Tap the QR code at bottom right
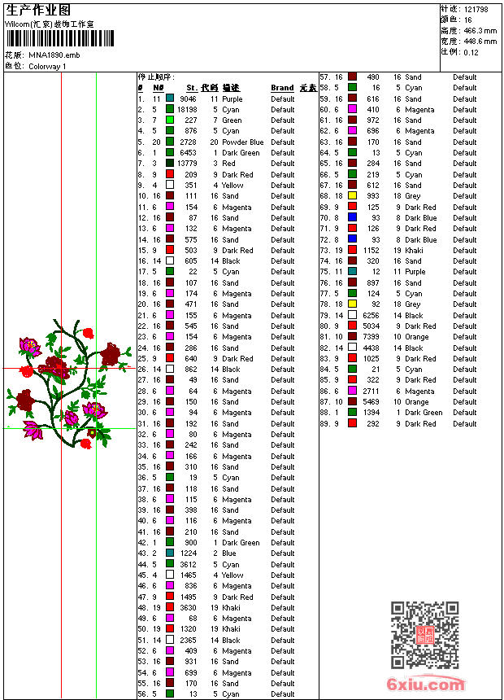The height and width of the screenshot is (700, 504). pos(424,636)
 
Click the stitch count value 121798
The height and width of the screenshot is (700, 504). pos(476,9)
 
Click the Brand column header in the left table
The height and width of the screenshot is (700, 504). pos(282,88)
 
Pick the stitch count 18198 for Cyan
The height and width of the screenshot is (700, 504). pos(187,109)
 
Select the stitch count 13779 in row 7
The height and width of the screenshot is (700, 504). pos(187,164)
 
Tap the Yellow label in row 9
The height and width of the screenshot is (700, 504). pos(232,186)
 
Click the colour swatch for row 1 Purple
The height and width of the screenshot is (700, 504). pos(170,98)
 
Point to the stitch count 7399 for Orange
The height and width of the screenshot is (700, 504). pos(371,337)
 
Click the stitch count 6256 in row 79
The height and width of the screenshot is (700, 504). pos(371,315)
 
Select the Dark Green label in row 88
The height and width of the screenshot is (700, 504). pos(424,413)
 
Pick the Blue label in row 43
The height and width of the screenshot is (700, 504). pos(230,553)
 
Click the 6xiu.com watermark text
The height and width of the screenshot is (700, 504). pos(426,685)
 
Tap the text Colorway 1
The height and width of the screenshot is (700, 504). pos(48,66)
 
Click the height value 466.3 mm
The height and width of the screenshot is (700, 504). pos(480,30)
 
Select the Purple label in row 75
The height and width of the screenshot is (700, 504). pos(415,272)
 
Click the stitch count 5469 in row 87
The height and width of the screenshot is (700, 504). pos(371,402)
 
